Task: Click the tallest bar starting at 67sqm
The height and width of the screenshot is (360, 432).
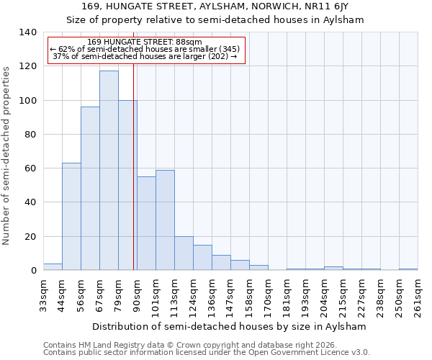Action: click(x=109, y=171)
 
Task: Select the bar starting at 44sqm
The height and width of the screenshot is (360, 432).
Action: click(x=71, y=216)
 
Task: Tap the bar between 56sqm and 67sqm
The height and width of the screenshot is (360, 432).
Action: click(x=90, y=189)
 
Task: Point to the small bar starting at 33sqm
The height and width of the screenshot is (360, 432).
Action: click(x=53, y=267)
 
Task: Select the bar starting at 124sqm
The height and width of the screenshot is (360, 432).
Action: click(x=202, y=257)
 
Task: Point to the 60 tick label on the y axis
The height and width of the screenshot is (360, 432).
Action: click(x=30, y=168)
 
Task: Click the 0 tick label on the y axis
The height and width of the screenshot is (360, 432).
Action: click(x=33, y=271)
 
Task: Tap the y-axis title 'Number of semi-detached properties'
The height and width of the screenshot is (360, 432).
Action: click(x=7, y=155)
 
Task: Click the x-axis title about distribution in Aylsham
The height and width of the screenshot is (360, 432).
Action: click(x=230, y=326)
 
